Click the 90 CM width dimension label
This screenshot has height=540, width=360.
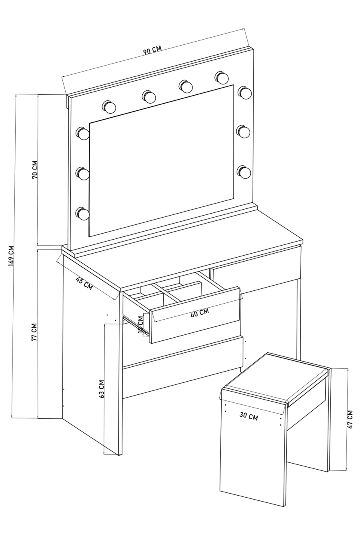152,50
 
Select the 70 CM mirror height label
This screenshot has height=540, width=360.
34,170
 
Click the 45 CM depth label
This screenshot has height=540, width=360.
84,283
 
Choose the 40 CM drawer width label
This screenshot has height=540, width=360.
200,312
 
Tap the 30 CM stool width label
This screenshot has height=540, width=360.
248,416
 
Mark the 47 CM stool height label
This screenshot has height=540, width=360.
350,419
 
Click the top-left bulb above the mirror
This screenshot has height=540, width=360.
109,107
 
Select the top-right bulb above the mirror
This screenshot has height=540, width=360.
221,77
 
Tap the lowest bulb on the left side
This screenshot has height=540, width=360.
83,213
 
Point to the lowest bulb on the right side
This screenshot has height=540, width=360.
244,172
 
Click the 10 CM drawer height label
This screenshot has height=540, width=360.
140,324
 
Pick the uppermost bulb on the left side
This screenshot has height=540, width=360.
83,133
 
